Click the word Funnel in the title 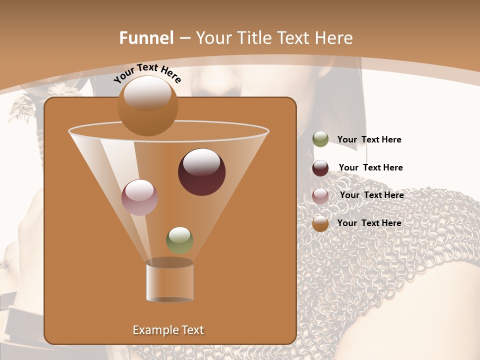146,38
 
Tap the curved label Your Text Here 147,73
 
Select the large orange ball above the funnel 147,105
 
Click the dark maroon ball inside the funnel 202,172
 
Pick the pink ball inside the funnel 140,197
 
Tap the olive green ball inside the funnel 179,240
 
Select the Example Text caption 168,330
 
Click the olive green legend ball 320,139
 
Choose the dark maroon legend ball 320,168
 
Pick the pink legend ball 320,195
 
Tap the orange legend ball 320,223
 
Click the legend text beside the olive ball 369,139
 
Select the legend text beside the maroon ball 370,167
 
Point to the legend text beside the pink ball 371,195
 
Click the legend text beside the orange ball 369,223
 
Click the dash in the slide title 184,38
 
